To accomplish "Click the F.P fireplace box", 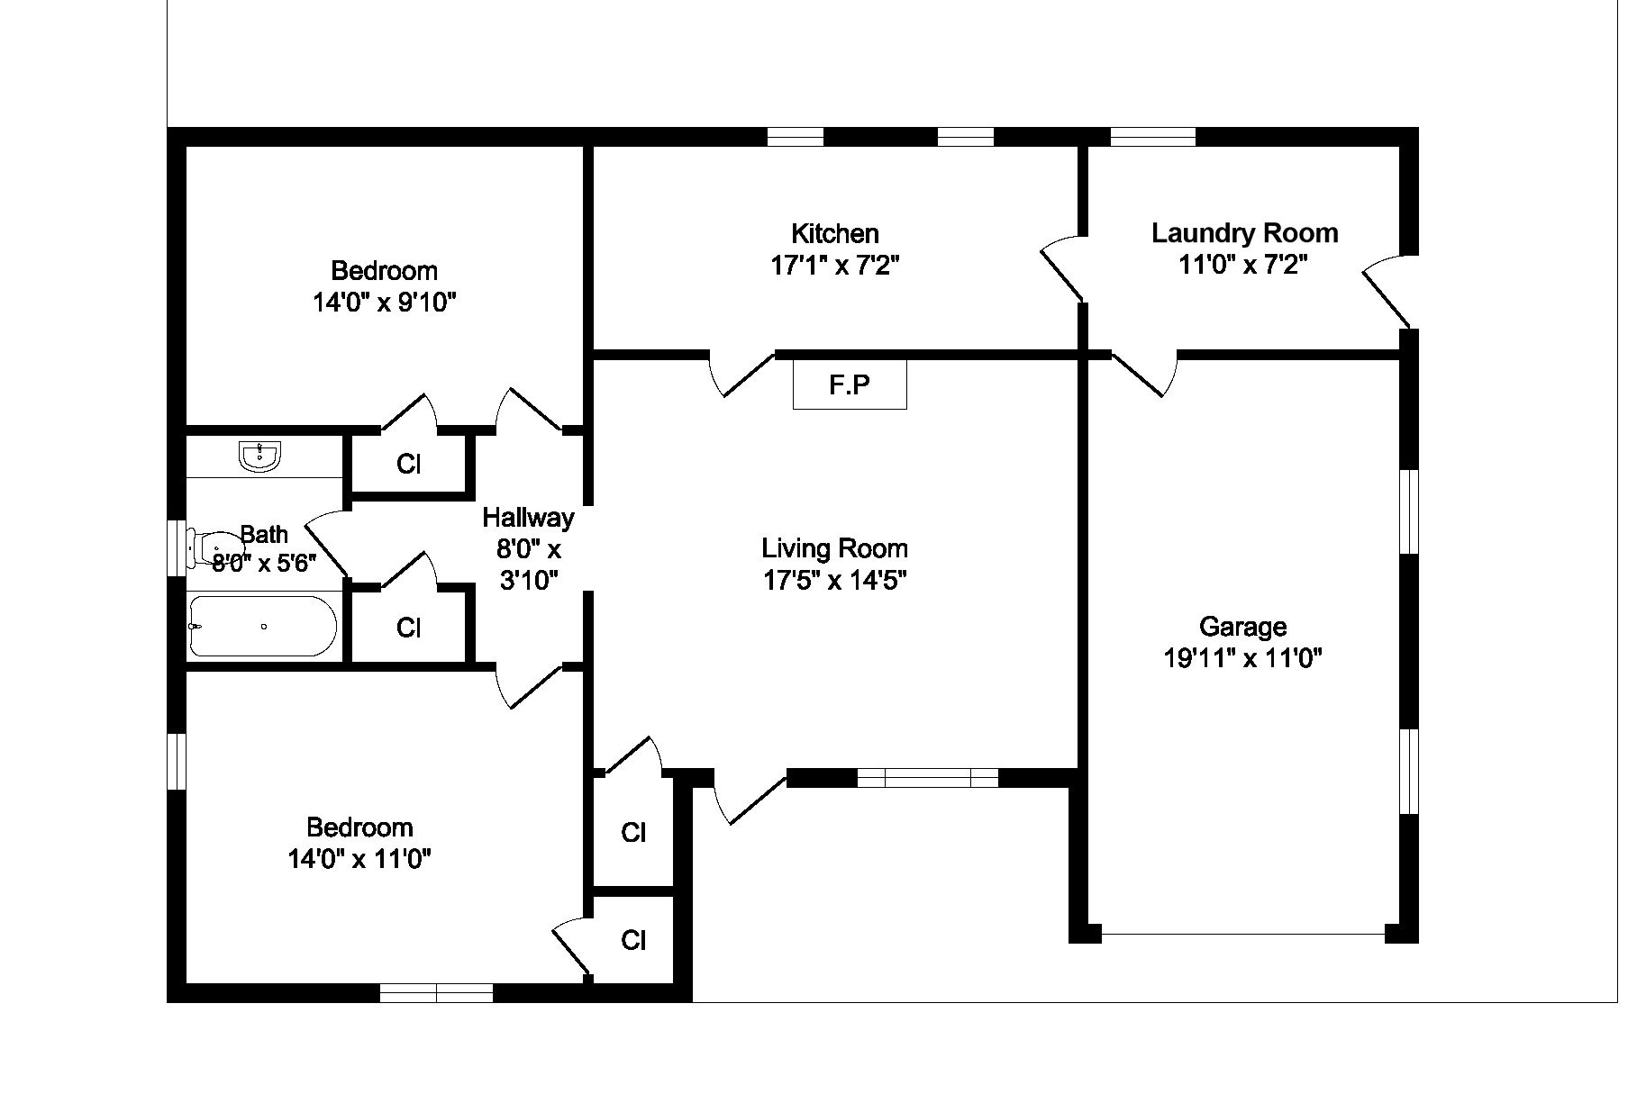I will (x=849, y=385).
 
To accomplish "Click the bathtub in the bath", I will (x=262, y=626).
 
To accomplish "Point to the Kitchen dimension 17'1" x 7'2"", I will (x=834, y=267).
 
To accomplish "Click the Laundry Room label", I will (x=1244, y=233).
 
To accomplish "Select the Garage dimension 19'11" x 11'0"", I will (x=1242, y=659).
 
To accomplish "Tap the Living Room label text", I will (x=834, y=548).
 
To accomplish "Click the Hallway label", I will (x=528, y=518).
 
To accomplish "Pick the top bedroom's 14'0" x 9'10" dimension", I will (x=385, y=303).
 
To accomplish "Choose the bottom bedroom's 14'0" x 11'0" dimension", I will (x=359, y=860).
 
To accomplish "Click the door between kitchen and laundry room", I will (x=1063, y=267).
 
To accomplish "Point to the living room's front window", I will (x=927, y=777).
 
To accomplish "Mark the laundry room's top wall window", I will (x=1152, y=137).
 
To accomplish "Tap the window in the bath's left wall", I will (x=177, y=546).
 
